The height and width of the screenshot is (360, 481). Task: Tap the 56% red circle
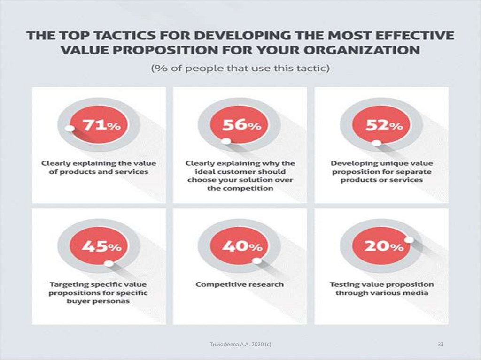coord(240,125)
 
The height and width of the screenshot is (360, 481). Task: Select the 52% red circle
coord(381,125)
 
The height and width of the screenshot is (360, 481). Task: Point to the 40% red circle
coord(240,245)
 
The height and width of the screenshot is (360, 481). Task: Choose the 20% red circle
coord(381,245)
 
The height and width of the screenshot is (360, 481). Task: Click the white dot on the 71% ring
coord(70,129)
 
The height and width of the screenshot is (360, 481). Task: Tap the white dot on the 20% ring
coord(408,240)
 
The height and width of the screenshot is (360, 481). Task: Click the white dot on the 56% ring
coord(226,141)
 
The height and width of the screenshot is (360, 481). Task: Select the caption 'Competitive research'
coord(240,284)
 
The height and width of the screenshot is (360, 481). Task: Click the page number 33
coord(441,345)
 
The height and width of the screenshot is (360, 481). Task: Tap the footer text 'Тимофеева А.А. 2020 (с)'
coord(240,345)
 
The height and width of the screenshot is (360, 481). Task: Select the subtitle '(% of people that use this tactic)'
coord(240,69)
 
